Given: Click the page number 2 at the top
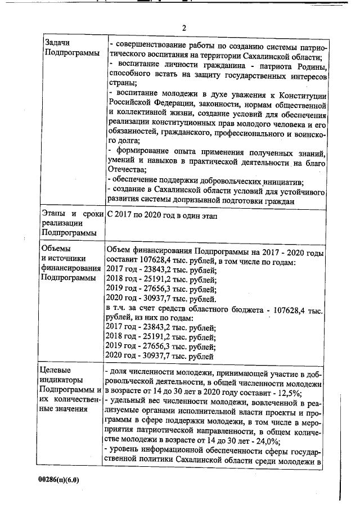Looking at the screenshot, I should point(183,28).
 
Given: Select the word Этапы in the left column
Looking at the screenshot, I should point(56,214).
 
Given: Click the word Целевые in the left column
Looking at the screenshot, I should point(58,370).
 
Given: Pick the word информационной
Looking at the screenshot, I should point(181,452).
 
